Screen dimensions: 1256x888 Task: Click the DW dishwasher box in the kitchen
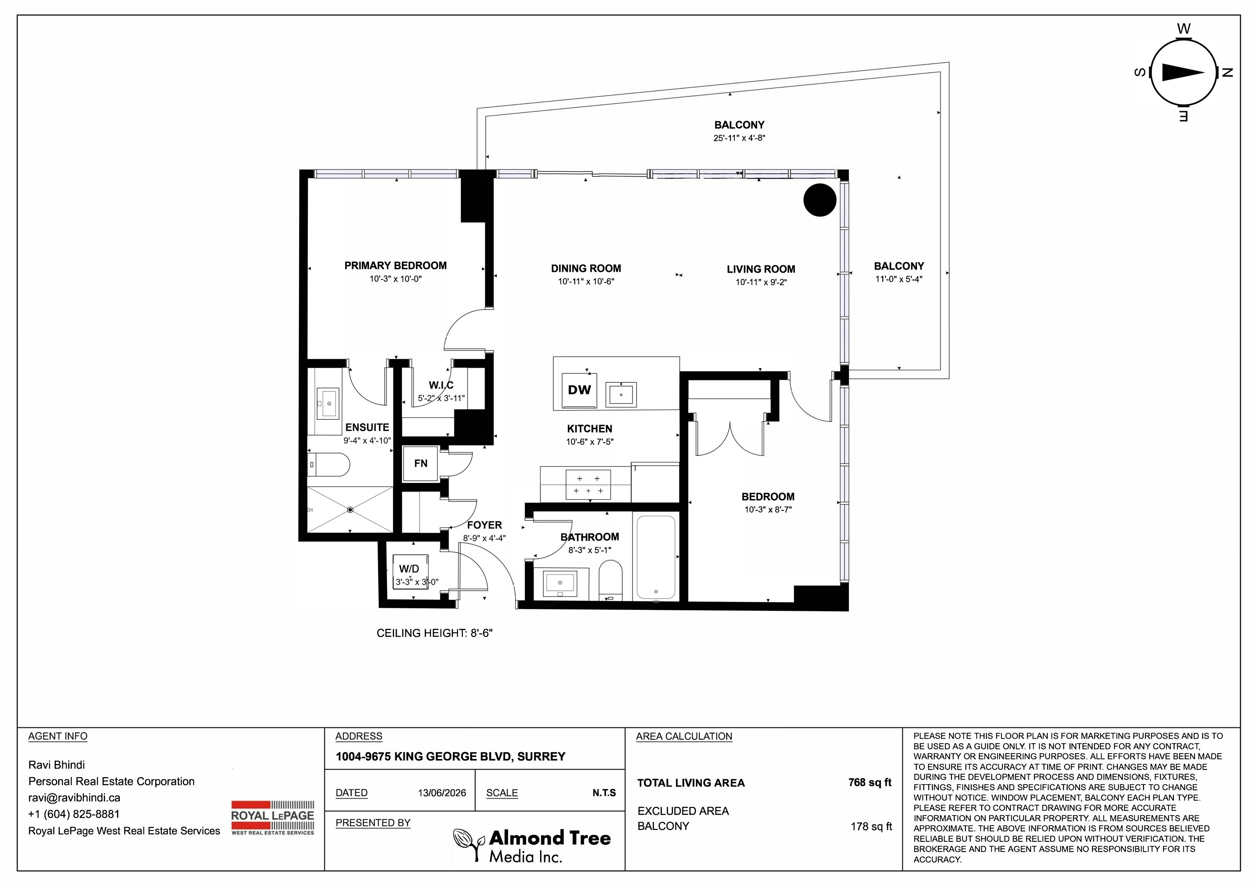[x=579, y=390]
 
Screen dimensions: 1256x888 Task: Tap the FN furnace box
[x=420, y=464]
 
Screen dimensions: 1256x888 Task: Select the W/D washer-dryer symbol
[x=410, y=571]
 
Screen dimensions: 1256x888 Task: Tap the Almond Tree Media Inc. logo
[x=532, y=845]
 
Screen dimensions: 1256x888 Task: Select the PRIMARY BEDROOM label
[x=395, y=265]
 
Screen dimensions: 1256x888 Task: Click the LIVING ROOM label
[x=761, y=269]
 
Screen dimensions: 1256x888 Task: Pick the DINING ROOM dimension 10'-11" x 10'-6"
[x=586, y=282]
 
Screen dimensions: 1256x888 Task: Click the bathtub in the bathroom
[x=656, y=557]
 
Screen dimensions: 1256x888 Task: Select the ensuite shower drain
[x=350, y=510]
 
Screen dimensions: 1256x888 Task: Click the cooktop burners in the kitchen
[x=588, y=485]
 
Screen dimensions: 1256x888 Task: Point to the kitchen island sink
[x=621, y=395]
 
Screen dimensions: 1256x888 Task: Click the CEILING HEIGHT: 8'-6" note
[x=435, y=633]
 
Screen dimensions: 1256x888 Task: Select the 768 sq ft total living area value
[x=870, y=783]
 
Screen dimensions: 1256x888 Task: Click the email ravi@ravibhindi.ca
[x=74, y=798]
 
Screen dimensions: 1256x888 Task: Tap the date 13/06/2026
[x=442, y=793]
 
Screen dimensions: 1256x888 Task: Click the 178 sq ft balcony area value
[x=871, y=826]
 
